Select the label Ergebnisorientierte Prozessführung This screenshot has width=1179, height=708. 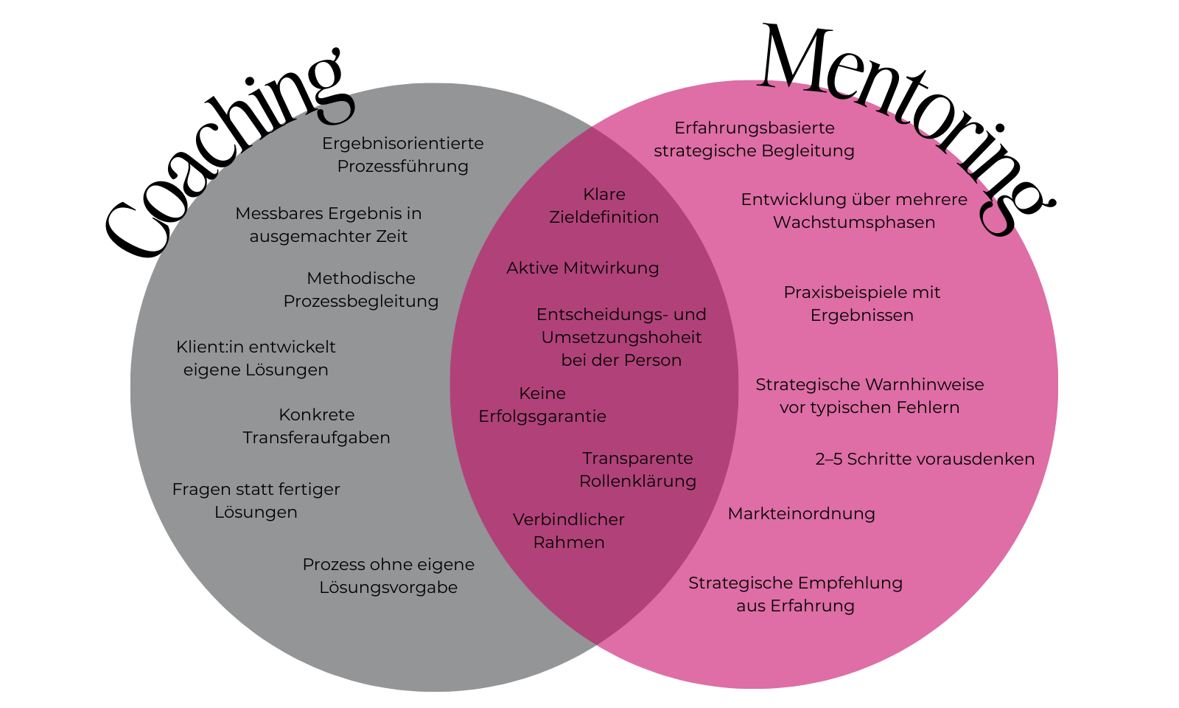[x=403, y=155]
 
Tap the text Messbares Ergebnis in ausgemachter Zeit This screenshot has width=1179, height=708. [x=329, y=225]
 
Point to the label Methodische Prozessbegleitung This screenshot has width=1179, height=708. [x=361, y=290]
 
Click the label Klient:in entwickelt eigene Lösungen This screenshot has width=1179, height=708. [x=256, y=358]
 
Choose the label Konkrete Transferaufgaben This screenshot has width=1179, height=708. [x=317, y=426]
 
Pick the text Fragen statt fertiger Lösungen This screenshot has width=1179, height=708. [x=256, y=501]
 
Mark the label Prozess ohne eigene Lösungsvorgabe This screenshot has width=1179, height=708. [x=388, y=576]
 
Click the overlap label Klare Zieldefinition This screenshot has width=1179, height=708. [x=604, y=206]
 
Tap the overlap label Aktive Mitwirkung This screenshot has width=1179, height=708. [x=583, y=268]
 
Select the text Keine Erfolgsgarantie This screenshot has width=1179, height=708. [x=542, y=405]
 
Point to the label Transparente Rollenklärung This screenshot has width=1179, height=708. [x=637, y=470]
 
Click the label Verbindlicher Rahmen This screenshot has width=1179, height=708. [x=569, y=531]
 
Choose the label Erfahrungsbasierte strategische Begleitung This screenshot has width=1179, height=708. [x=755, y=139]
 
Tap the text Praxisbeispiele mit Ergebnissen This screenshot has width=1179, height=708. [x=862, y=304]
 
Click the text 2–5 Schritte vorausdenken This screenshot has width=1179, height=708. [x=925, y=459]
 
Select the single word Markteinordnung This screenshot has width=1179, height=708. [x=802, y=514]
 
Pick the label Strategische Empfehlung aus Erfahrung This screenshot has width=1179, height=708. [x=796, y=594]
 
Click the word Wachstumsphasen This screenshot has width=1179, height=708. [x=854, y=223]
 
